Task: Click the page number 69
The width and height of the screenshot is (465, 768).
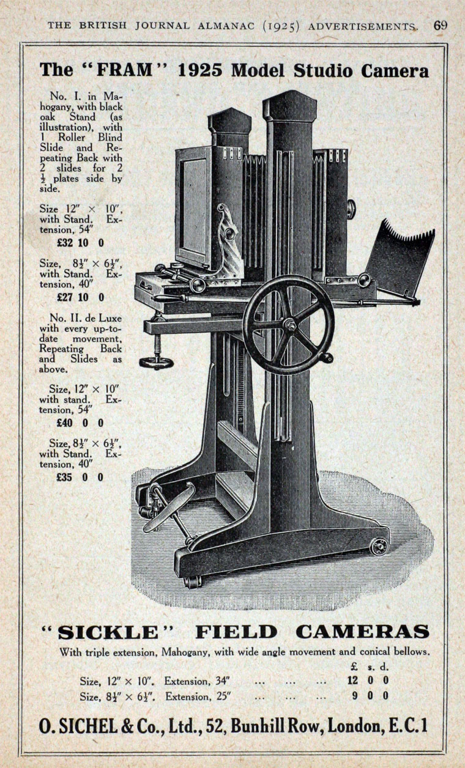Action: (x=441, y=26)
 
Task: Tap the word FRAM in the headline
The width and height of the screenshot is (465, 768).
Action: (x=125, y=70)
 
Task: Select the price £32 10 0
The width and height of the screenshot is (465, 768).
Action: (x=80, y=243)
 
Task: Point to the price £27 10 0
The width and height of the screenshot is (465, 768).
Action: (x=80, y=297)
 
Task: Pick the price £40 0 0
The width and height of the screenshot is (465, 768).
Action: (x=80, y=423)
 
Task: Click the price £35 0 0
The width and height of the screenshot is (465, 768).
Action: (x=80, y=477)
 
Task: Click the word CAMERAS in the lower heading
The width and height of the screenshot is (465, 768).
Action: (x=362, y=632)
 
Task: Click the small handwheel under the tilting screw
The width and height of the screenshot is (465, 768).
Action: (x=156, y=363)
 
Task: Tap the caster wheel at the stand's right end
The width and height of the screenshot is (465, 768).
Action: (x=379, y=546)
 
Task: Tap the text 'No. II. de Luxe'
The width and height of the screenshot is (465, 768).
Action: (x=86, y=318)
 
